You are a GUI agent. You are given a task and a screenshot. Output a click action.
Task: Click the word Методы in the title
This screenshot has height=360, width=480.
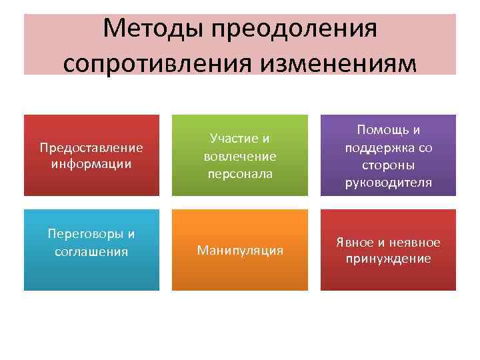155,29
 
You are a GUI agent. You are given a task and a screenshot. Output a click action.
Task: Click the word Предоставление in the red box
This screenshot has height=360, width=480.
91,147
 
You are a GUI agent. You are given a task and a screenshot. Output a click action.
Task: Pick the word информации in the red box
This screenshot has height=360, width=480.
91,163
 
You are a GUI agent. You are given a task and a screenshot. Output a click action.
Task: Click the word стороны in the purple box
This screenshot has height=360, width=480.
388,164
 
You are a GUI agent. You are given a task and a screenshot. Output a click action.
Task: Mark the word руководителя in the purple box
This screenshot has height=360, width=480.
388,181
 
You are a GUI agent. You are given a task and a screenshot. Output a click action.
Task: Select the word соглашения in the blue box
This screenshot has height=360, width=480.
91,252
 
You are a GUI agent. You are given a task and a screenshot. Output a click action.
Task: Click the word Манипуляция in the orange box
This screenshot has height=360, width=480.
240,251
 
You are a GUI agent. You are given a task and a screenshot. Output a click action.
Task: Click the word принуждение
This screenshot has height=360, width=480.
388,259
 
